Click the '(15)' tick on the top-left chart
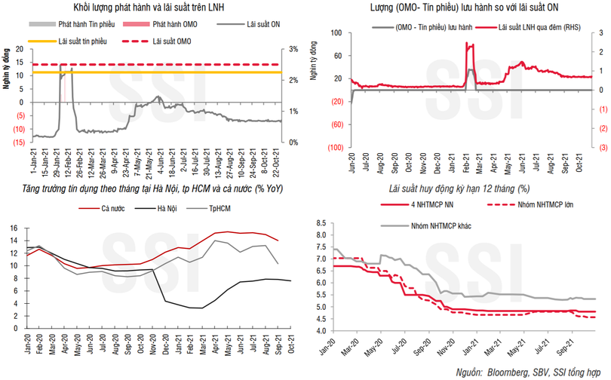point(20,142)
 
